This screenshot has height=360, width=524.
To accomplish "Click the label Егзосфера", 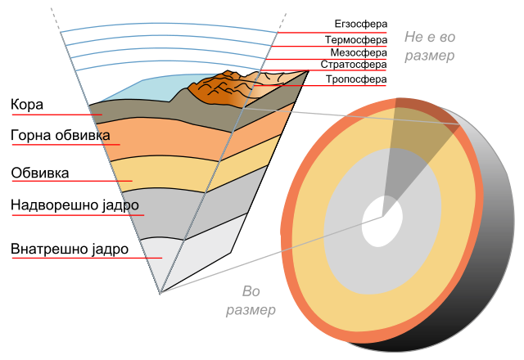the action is [361, 24].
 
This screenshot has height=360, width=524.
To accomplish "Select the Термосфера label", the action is [356, 40].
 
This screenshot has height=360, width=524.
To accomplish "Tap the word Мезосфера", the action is [359, 52].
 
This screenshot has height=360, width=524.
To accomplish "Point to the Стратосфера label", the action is [354, 65].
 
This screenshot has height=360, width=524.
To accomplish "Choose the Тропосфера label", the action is [356, 79].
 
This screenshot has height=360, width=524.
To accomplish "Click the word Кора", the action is [27, 105].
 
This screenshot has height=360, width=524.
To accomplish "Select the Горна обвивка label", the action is [61, 135].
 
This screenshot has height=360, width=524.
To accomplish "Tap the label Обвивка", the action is [40, 173].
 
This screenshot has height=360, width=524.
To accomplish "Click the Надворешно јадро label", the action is [75, 205].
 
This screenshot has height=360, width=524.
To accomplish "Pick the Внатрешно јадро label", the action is [70, 249].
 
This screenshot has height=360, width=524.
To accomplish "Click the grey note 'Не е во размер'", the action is [430, 46].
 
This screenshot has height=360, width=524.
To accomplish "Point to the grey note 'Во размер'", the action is [251, 300].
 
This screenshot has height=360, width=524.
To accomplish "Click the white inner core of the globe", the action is [382, 222].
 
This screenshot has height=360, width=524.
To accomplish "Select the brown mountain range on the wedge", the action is [220, 88].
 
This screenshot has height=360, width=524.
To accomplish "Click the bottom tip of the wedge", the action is [160, 294].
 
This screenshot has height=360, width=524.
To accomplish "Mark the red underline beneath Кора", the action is [56, 115].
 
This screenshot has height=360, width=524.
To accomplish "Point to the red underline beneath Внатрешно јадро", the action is [87, 259].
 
